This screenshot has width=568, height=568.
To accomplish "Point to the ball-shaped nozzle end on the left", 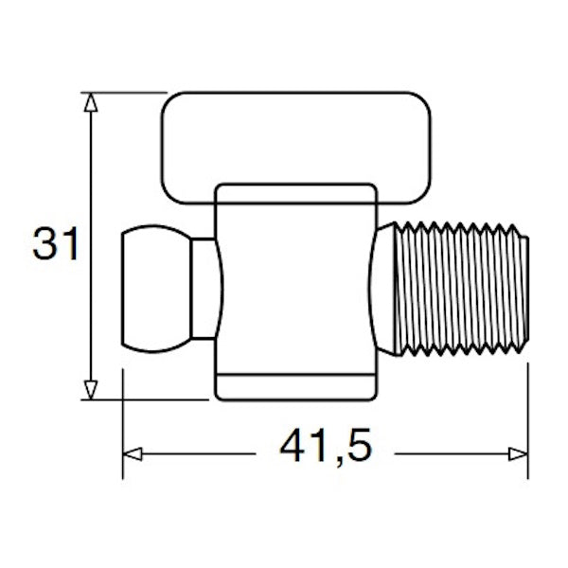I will point(154,288).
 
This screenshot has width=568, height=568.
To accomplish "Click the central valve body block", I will point(295,284).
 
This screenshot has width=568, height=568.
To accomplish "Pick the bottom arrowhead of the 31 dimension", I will point(90,388).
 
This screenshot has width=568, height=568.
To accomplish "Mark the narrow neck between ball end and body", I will point(204,288).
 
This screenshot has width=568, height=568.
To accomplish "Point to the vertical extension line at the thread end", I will point(528,417).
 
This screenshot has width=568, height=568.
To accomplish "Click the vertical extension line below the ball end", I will point(124,417).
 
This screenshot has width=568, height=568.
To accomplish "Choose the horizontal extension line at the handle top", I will point(123,92).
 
